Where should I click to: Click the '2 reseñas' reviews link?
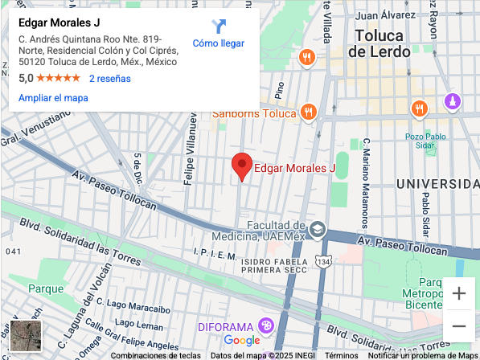click(x=109, y=79)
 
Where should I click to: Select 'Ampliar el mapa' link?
click(x=53, y=98)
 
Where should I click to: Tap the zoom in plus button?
click(x=458, y=293)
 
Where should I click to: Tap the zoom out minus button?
click(x=458, y=325)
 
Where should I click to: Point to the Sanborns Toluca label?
click(x=254, y=113)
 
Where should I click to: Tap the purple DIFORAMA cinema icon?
click(x=266, y=326)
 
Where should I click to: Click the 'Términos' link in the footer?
click(x=342, y=355)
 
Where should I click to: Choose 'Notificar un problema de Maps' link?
click(x=424, y=355)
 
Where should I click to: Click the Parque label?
click(x=46, y=288)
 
